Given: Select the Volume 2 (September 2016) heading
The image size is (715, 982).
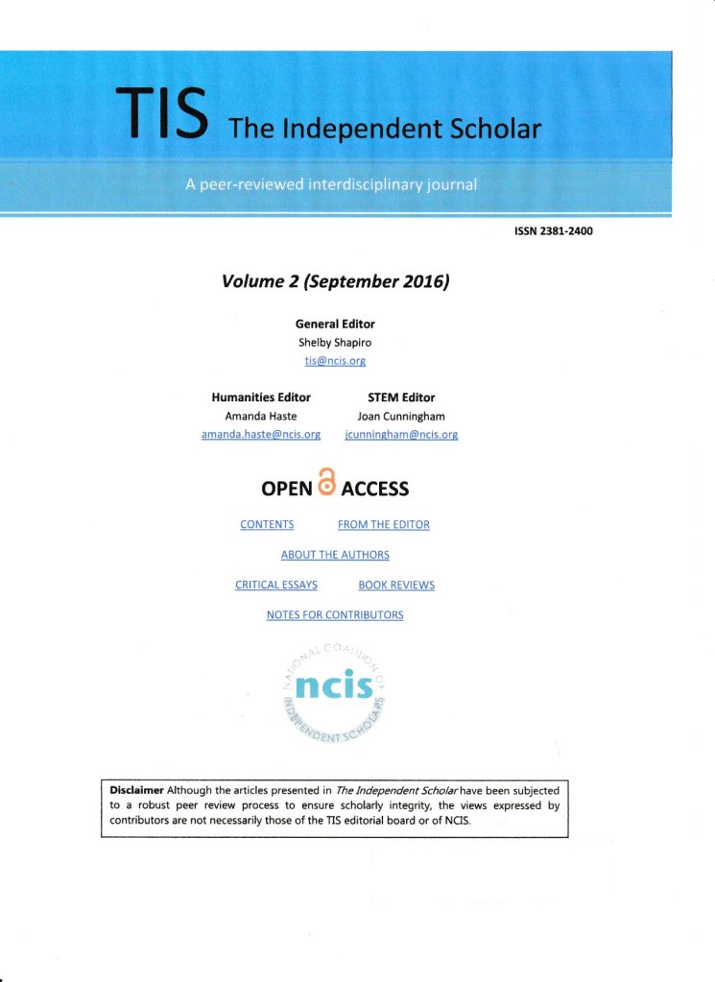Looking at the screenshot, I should point(336,281).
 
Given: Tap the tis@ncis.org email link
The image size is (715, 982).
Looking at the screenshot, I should point(335,360).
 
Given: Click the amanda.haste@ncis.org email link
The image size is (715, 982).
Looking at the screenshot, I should point(260,434).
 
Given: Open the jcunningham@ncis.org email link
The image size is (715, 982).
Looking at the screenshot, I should point(401,434).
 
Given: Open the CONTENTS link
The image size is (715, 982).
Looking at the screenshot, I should point(267,525).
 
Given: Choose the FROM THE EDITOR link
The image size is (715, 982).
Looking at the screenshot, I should point(384,525).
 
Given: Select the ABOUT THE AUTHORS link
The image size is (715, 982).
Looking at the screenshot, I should point(335,555).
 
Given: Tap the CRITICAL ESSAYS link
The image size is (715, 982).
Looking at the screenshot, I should point(276,585).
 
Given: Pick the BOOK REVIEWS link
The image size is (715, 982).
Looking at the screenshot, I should point(396,585).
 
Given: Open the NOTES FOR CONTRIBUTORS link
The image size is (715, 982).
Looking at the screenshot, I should point(335,614).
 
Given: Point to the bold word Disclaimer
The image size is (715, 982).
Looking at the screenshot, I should point(135,790).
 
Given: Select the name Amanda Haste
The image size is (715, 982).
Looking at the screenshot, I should point(260,416).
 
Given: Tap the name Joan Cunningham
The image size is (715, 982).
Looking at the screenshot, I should point(401,416).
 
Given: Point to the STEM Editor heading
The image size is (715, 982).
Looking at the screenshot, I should point(401,397).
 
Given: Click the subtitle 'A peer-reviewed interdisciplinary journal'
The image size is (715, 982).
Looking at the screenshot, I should point(331,184).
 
